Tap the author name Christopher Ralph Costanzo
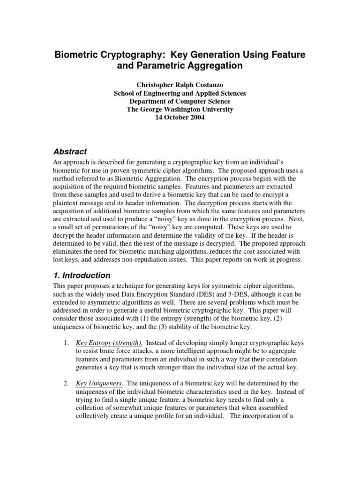(x=180, y=85)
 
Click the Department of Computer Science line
(x=180, y=101)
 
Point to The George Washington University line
(x=180, y=109)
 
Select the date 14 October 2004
(x=180, y=117)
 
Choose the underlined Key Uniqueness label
(x=99, y=383)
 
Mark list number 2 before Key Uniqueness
(x=66, y=383)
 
